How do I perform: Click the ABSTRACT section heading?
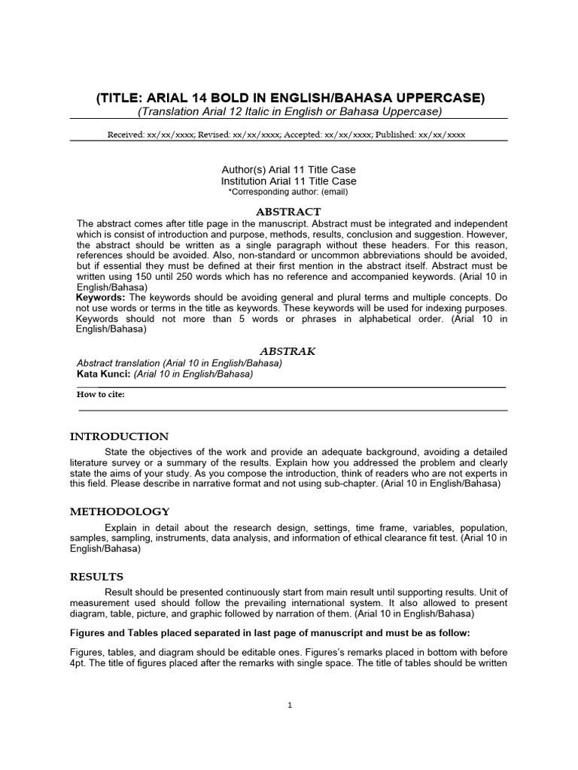coord(289,212)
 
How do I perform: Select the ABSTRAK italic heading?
coord(287,351)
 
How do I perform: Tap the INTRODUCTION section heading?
coord(120,436)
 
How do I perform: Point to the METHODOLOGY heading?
coord(120,511)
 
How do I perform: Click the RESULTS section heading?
coord(96,577)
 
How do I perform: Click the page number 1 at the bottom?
coord(290,705)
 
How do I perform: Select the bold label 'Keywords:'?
coord(101,298)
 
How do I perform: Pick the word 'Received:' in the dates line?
coord(127,135)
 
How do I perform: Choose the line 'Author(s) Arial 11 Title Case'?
coord(289,170)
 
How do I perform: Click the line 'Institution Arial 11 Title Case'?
coord(289,181)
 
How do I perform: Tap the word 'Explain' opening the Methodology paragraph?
coord(123,527)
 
